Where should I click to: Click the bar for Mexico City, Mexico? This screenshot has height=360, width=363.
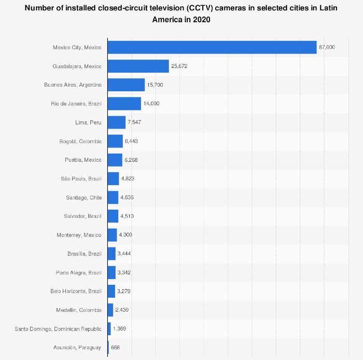pyautogui.click(x=212, y=47)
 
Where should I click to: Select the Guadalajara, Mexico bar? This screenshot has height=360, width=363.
pyautogui.click(x=138, y=66)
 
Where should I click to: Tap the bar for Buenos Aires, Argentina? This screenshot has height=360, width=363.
pyautogui.click(x=126, y=85)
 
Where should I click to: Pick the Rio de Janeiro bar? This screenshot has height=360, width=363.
pyautogui.click(x=124, y=104)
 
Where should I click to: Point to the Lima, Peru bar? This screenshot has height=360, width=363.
pyautogui.click(x=117, y=122)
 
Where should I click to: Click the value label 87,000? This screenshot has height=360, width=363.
pyautogui.click(x=327, y=47)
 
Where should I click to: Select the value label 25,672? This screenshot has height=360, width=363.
pyautogui.click(x=179, y=66)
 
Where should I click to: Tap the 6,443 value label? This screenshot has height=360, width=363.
pyautogui.click(x=131, y=141)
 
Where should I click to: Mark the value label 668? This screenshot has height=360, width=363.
pyautogui.click(x=115, y=348)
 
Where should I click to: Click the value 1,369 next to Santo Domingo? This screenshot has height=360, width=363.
pyautogui.click(x=119, y=329)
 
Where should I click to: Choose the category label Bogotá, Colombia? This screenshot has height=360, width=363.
pyautogui.click(x=80, y=142)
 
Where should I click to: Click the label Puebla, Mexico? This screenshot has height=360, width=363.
pyautogui.click(x=83, y=160)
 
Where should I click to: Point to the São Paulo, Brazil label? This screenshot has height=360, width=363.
pyautogui.click(x=81, y=179)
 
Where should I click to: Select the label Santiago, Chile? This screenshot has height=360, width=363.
pyautogui.click(x=84, y=198)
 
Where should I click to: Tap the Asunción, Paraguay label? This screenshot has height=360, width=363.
pyautogui.click(x=77, y=348)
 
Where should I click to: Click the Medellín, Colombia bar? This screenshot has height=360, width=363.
pyautogui.click(x=110, y=310)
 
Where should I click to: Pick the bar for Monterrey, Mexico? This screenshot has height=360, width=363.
pyautogui.click(x=113, y=235)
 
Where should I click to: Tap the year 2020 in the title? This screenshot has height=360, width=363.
pyautogui.click(x=201, y=19)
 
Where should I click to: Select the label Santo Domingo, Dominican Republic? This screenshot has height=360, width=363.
pyautogui.click(x=58, y=329)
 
